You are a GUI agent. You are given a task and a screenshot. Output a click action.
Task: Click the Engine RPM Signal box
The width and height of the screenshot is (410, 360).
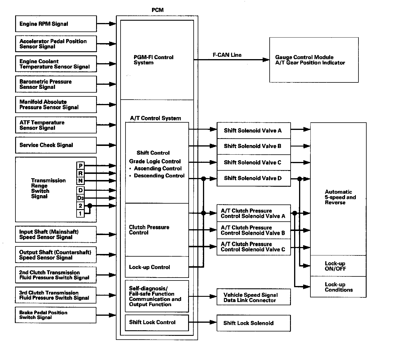click(x=56, y=24)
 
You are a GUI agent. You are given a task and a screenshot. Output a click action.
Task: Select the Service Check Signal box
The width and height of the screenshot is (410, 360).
click(x=56, y=145)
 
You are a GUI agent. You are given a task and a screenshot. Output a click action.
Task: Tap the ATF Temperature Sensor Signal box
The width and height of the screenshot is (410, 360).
click(x=56, y=125)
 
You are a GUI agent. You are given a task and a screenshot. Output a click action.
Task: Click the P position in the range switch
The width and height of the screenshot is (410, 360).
click(x=80, y=166)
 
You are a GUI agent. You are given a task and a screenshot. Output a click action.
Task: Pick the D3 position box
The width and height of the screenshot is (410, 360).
click(x=80, y=198)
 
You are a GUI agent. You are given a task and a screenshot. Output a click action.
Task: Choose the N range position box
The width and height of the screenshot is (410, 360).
click(x=80, y=181)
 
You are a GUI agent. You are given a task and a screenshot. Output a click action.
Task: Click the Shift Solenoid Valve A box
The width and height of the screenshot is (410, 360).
click(x=254, y=130)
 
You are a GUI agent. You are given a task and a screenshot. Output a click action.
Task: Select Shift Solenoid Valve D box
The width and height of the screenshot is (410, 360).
click(x=254, y=178)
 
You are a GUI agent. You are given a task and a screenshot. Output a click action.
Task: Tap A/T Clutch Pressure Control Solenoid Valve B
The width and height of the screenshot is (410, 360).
click(x=254, y=230)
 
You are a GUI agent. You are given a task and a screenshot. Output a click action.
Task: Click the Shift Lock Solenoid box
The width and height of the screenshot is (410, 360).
click(x=254, y=323)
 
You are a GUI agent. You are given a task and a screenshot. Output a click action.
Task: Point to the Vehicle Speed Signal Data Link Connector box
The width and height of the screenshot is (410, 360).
click(x=254, y=297)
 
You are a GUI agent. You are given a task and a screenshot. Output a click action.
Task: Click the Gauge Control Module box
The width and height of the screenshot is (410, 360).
click(x=314, y=60)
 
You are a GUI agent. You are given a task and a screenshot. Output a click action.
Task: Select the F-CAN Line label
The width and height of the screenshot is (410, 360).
click(x=227, y=55)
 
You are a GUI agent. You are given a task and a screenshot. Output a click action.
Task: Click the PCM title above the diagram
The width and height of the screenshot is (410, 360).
click(x=158, y=10)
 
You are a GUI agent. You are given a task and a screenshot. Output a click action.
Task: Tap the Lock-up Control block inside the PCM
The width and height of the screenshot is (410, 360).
click(x=157, y=267)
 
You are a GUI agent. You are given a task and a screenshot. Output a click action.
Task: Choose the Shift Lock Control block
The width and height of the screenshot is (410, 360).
click(x=157, y=322)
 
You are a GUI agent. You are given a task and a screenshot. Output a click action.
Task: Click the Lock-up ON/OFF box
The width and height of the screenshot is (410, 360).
click(x=338, y=266)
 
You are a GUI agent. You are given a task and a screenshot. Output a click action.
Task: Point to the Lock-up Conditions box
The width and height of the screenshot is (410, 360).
click(x=338, y=287)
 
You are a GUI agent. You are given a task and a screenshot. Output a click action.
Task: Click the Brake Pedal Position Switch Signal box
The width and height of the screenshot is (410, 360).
click(x=56, y=315)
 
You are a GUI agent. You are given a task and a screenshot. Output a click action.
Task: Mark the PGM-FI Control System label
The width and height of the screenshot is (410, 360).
click(x=153, y=60)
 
